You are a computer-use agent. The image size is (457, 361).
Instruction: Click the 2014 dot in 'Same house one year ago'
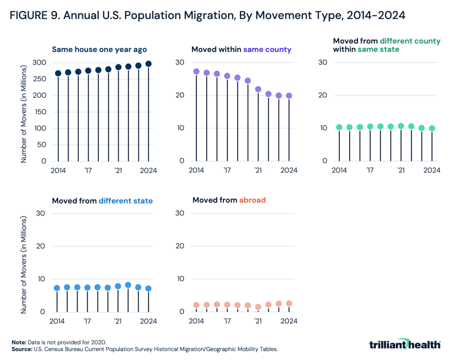point(58,74)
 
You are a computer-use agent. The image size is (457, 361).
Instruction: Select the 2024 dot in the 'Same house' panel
point(149,64)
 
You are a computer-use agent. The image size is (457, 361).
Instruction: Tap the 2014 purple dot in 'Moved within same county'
point(197,72)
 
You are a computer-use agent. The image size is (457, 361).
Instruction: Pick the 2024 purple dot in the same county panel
point(289,96)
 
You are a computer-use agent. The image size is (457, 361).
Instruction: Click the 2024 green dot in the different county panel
point(432,129)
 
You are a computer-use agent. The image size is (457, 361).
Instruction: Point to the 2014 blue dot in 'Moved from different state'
point(57,288)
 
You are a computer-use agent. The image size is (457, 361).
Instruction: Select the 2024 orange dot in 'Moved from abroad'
point(289,303)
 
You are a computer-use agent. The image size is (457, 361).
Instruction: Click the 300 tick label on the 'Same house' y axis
point(39,62)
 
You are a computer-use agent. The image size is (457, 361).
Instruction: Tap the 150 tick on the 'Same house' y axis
point(39,112)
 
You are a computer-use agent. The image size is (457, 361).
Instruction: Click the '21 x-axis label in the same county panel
point(258,170)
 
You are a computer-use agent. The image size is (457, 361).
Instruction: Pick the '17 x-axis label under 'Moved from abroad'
point(227,321)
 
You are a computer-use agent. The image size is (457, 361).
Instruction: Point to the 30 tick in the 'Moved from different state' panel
point(41,214)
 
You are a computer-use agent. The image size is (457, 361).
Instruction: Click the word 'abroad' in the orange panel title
point(252,200)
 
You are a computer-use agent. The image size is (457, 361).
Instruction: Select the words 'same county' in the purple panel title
point(267,50)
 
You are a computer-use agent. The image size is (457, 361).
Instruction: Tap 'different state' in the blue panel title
point(126,201)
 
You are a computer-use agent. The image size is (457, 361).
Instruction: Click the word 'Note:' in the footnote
point(19,342)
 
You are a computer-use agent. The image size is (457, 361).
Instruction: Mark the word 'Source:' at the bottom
point(22,348)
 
